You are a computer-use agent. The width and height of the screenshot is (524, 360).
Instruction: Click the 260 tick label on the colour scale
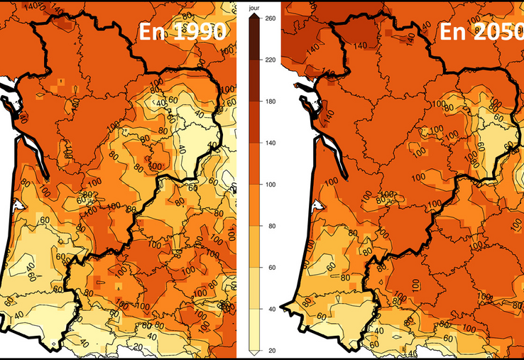pyautogui.click(x=270, y=19)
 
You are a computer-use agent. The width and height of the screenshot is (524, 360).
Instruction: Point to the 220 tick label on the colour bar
pyautogui.click(x=270, y=60)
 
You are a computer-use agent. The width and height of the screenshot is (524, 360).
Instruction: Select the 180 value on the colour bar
pyautogui.click(x=270, y=102)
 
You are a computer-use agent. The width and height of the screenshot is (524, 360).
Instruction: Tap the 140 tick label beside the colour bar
pyautogui.click(x=270, y=143)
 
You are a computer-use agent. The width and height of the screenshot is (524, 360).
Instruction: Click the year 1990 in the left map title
pyautogui.click(x=201, y=32)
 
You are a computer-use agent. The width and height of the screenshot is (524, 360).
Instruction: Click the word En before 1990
pyautogui.click(x=154, y=32)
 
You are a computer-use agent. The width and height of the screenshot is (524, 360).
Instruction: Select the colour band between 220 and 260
pyautogui.click(x=253, y=40)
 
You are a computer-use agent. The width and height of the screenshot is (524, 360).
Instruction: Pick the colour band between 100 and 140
pyautogui.click(x=253, y=164)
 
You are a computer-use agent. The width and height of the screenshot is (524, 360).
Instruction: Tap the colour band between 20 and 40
pyautogui.click(x=253, y=330)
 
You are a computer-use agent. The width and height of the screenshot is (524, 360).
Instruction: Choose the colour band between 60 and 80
pyautogui.click(x=253, y=247)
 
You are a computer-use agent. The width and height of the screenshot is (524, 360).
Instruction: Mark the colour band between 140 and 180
pyautogui.click(x=253, y=123)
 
